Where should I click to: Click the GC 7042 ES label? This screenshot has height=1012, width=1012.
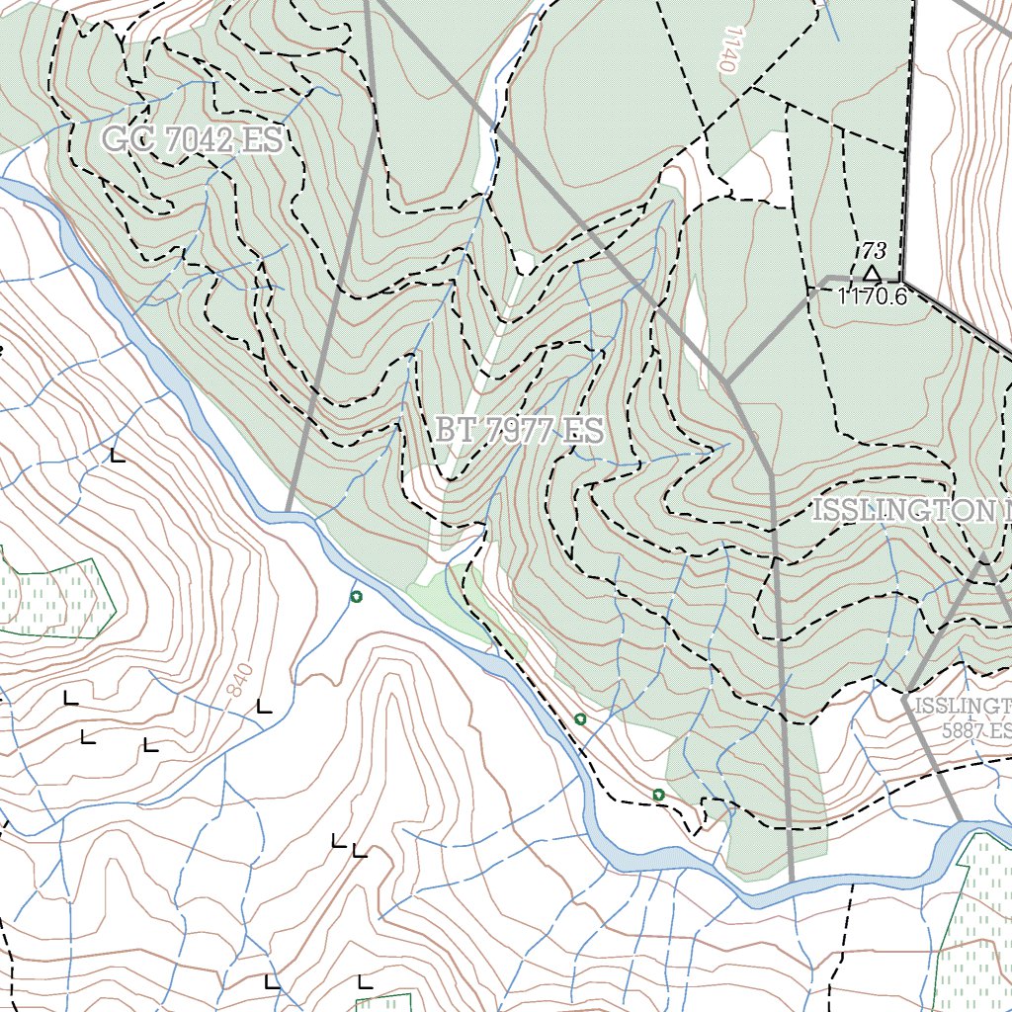point(193,140)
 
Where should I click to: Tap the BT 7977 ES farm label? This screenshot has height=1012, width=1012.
point(518,431)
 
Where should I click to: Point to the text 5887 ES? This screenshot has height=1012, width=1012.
point(976,731)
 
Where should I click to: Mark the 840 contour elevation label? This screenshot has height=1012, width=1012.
point(238,679)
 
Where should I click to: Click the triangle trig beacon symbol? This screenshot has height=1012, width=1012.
point(871,273)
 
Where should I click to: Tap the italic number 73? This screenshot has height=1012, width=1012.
point(874,250)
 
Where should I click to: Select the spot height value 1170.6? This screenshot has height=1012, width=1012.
point(872,295)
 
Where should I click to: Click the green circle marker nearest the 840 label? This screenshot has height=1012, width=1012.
point(356,596)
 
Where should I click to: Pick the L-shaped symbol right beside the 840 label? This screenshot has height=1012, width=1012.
point(263,706)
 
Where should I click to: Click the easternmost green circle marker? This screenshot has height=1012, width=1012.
point(658,795)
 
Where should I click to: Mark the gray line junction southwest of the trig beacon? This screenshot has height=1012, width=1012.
point(727,381)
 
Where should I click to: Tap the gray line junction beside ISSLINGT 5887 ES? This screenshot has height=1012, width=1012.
point(904,695)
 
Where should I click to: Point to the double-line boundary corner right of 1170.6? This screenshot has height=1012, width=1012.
point(903,281)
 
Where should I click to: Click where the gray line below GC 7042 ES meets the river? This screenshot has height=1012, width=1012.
point(288,511)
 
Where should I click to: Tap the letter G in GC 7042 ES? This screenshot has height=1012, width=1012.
point(117,140)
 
